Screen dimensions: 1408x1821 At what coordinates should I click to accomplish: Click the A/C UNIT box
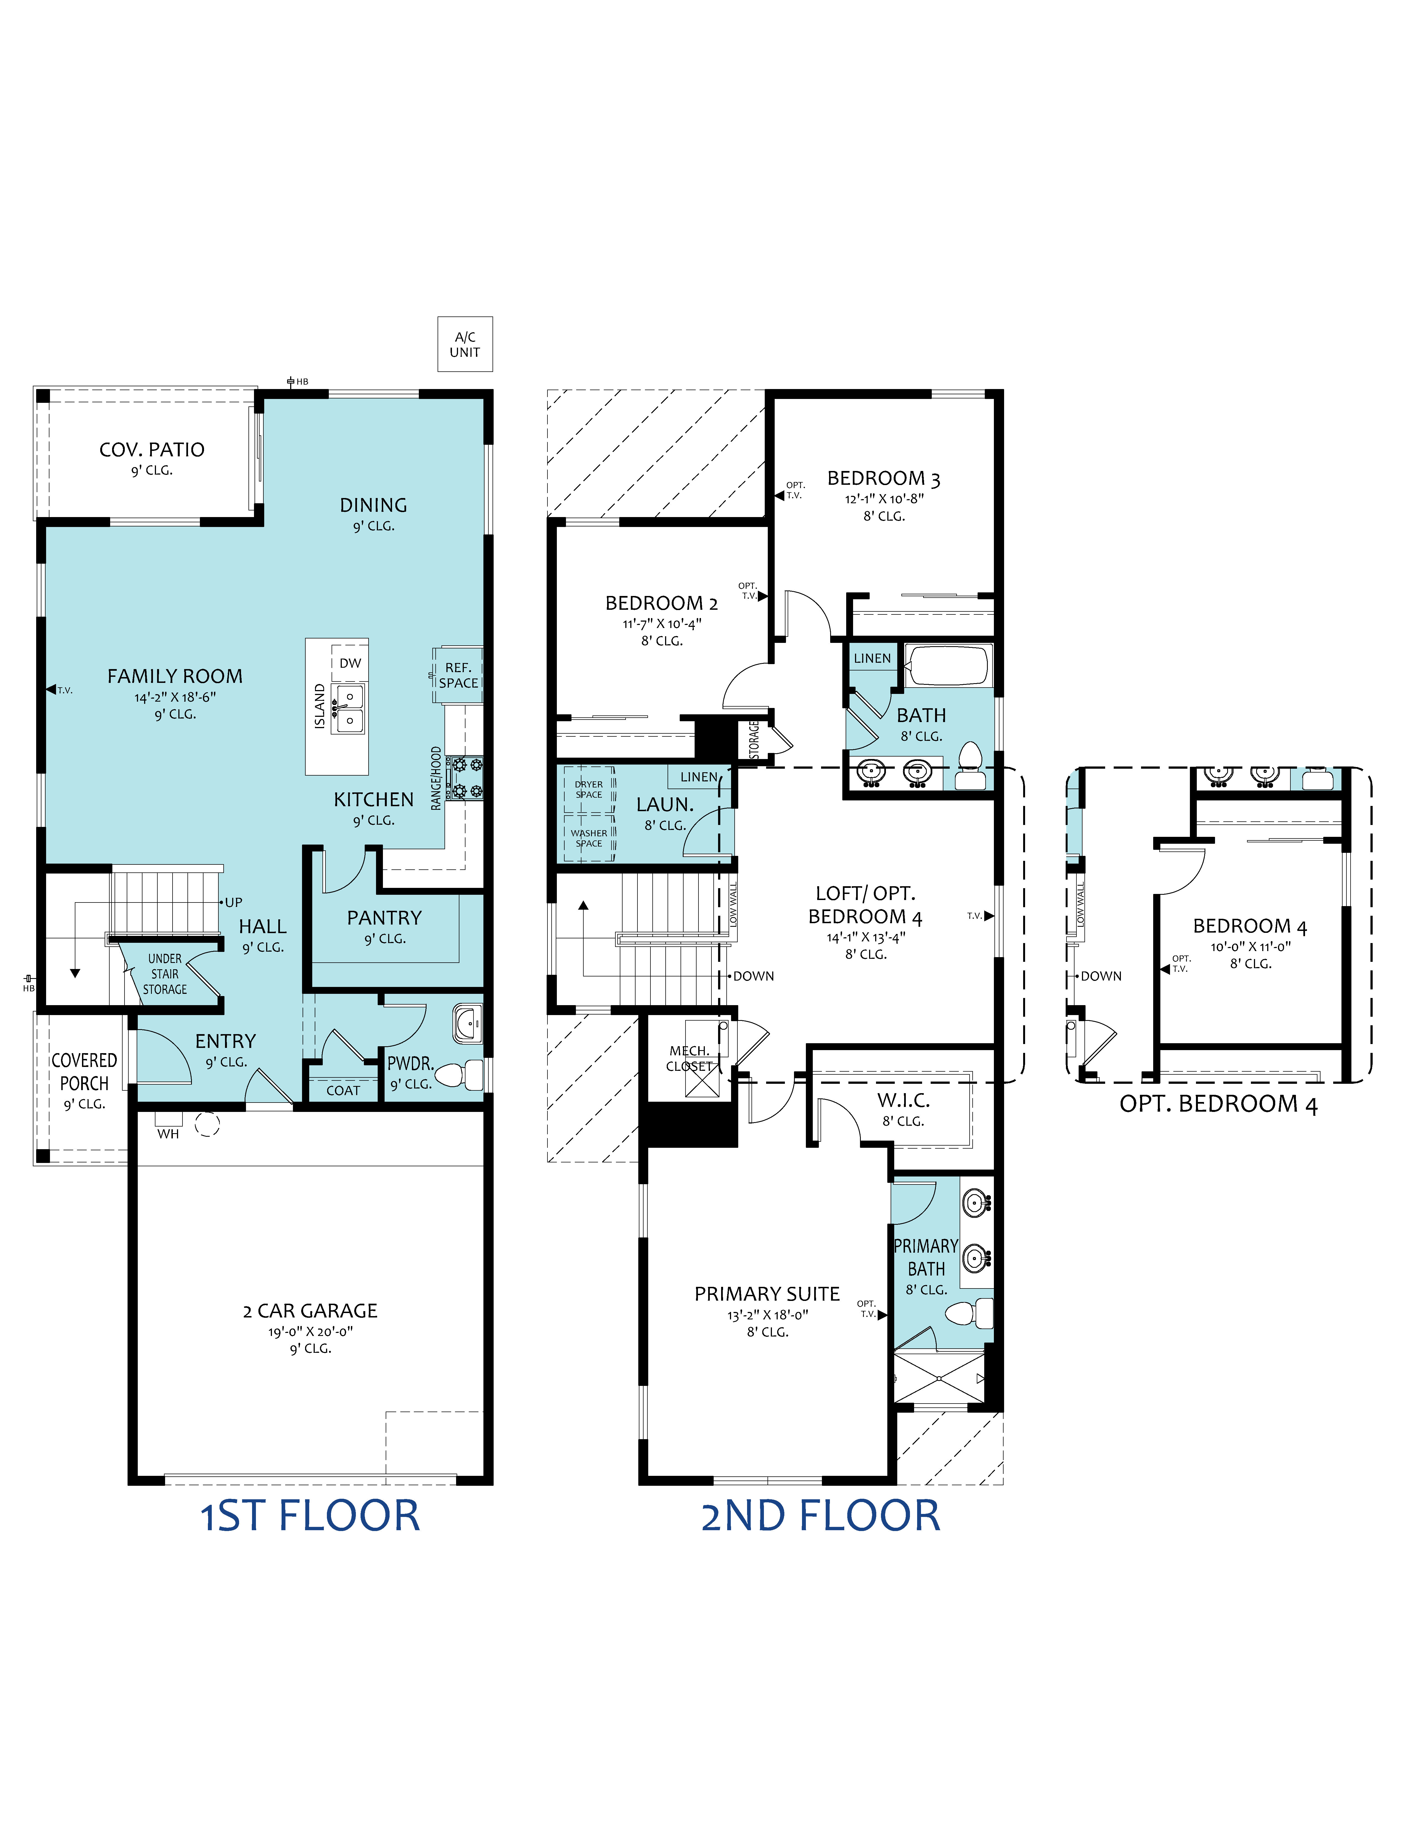(x=465, y=344)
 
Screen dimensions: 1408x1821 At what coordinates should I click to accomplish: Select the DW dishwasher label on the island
(x=350, y=663)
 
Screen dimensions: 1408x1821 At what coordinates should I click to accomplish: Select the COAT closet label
(x=343, y=1091)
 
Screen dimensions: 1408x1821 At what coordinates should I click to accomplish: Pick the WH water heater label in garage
(x=168, y=1134)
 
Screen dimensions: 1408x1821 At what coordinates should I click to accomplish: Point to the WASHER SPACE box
(x=589, y=838)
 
